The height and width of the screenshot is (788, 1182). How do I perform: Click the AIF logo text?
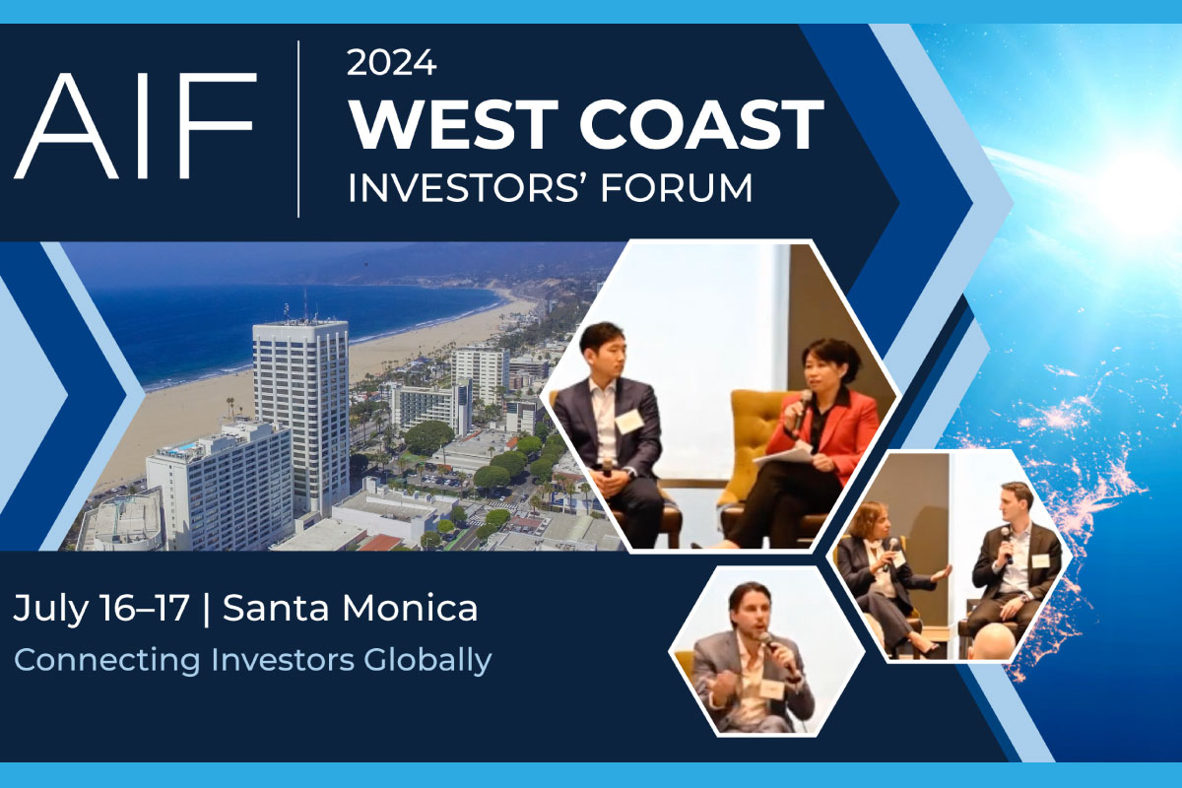point(136,126)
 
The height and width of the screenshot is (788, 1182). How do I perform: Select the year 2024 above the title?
point(392,63)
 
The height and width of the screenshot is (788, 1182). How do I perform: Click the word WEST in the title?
point(453,124)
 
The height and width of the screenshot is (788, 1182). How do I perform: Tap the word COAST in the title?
point(701,124)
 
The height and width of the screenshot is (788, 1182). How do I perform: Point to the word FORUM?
point(677,188)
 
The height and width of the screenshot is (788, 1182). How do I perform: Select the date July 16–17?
point(101,609)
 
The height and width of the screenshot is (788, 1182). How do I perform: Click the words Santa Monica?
point(351,608)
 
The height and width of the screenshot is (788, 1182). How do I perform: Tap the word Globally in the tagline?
point(427,660)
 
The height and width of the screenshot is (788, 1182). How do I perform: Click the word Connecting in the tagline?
point(107,661)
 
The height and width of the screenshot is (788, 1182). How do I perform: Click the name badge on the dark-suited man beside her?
point(629,422)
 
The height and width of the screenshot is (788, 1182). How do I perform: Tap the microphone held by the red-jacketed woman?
point(802,409)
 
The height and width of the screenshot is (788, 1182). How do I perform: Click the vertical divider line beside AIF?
point(298,129)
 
